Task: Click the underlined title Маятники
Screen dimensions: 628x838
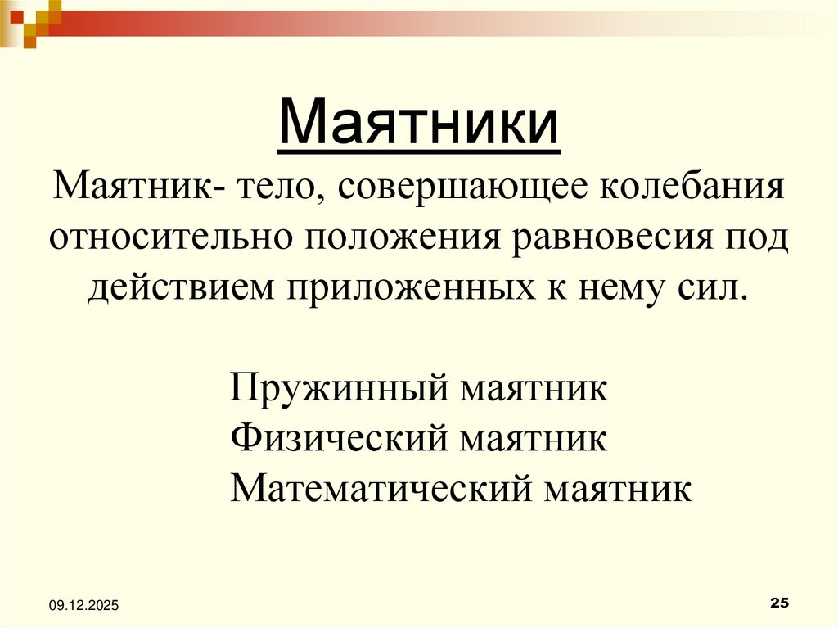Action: [419, 123]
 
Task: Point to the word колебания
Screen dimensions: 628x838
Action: [694, 189]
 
